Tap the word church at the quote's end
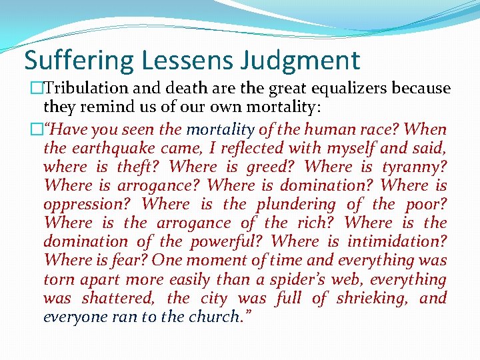(215, 317)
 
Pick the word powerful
(227, 242)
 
